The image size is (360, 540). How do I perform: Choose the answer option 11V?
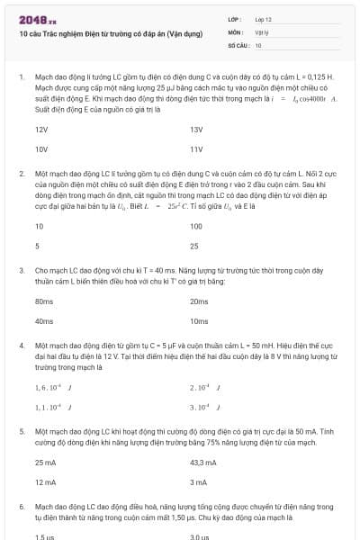[x=197, y=148]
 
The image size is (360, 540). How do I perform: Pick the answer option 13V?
[x=197, y=130]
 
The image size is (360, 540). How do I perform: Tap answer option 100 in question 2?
[x=197, y=227]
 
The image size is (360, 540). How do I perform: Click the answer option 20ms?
[x=199, y=301]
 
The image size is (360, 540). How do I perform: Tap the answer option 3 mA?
[x=199, y=481]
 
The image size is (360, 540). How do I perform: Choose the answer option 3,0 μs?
[x=199, y=537]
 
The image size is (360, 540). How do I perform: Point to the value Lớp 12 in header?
[x=263, y=19]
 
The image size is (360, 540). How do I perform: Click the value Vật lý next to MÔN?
[x=262, y=31]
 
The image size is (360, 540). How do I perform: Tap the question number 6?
[x=22, y=507]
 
